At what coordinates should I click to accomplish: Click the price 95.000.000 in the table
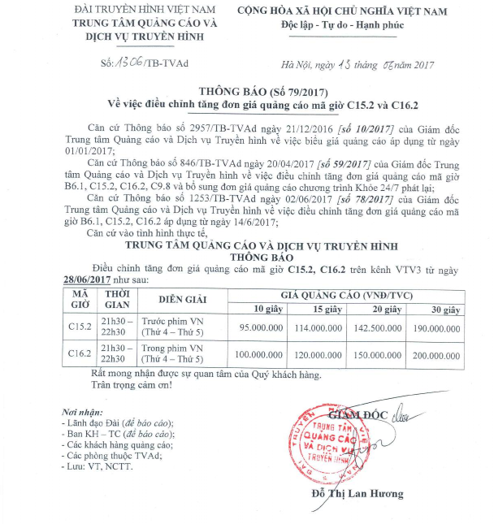point(261,327)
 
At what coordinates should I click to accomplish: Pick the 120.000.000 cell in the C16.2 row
point(323,355)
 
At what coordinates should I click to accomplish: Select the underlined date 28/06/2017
point(88,278)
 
